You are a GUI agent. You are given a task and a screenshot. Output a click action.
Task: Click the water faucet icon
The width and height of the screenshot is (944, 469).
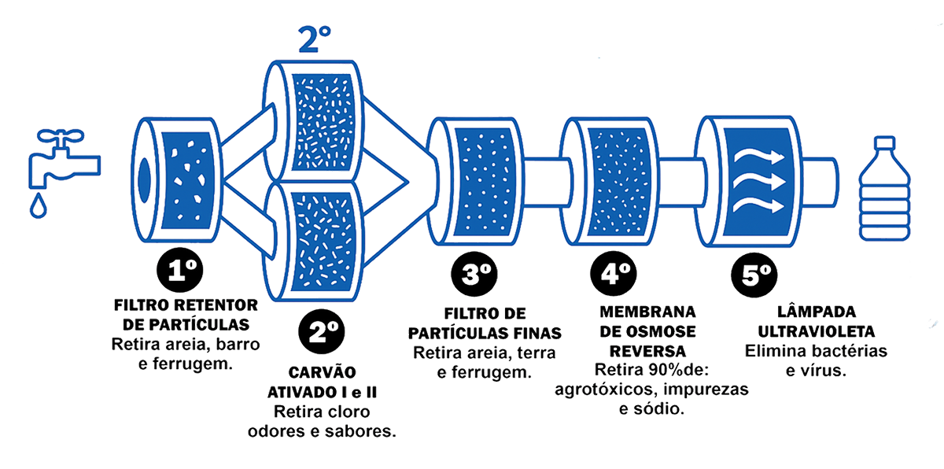59,161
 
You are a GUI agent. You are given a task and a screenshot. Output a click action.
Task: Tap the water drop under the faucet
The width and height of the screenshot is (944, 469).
38,206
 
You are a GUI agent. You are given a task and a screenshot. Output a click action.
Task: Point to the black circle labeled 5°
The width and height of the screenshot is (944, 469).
757,276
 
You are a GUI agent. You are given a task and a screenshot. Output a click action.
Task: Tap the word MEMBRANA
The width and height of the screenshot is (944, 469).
639,312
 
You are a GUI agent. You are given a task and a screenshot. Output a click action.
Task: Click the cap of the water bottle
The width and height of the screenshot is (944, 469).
885,144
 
